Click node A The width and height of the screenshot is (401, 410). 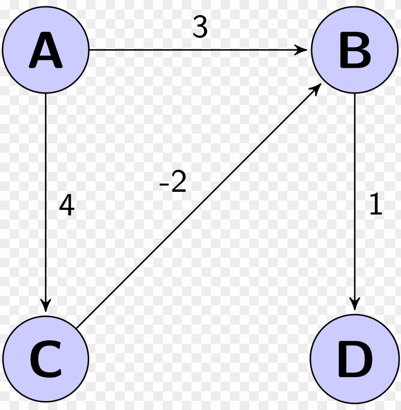coord(46,50)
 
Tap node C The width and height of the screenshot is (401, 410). coord(46,357)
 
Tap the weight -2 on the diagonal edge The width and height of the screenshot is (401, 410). coord(173,182)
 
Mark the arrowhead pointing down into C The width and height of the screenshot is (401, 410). coord(46,305)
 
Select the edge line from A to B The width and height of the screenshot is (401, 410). coord(191,50)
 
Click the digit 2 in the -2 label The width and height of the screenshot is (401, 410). coord(178,182)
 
